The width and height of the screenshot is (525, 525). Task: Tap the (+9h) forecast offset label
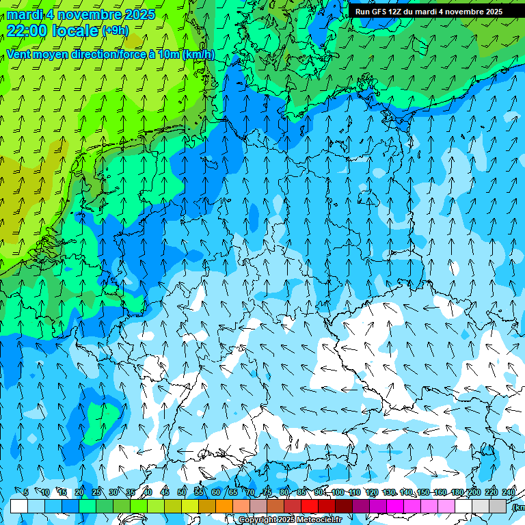tap(114, 30)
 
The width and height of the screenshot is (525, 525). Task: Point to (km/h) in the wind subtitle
tap(198, 54)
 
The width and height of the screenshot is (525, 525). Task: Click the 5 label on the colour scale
tap(26, 493)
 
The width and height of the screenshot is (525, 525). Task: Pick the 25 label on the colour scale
tap(96, 493)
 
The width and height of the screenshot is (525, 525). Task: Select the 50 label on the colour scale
tap(181, 493)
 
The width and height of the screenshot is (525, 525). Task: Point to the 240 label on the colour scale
tap(509, 493)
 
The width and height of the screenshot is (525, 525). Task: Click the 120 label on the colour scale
tap(372, 493)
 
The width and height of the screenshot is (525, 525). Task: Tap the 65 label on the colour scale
tap(232, 493)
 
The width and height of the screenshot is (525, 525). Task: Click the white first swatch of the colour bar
tap(19, 506)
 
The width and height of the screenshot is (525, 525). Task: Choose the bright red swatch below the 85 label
tap(310, 506)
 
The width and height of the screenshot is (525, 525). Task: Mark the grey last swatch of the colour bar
tap(498, 506)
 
